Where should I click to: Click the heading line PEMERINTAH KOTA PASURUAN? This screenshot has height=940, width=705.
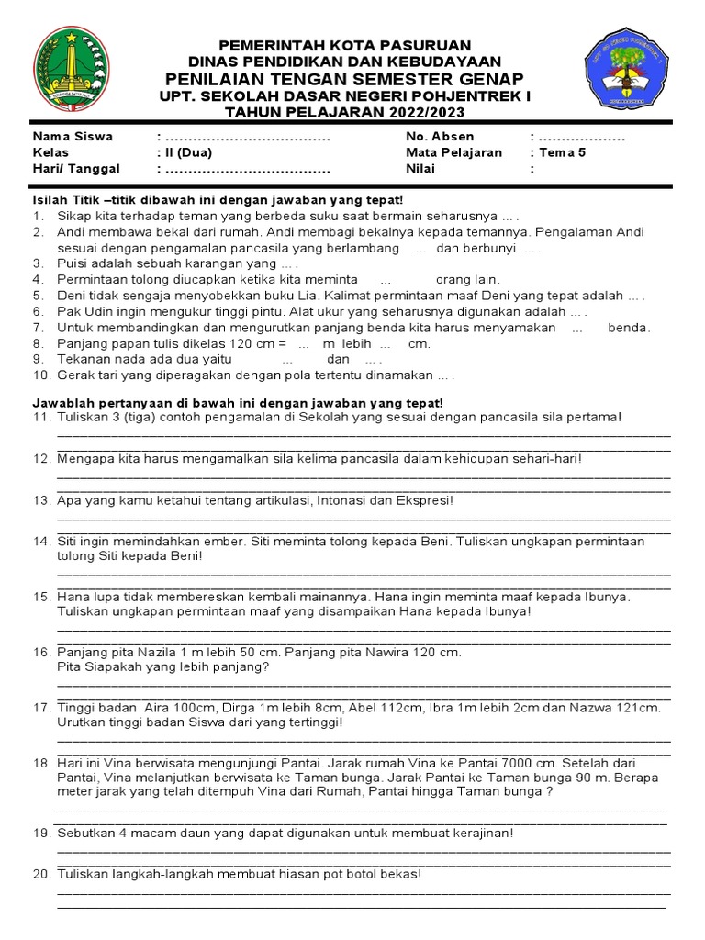coord(344,45)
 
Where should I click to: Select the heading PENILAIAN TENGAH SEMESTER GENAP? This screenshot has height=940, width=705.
coord(344,78)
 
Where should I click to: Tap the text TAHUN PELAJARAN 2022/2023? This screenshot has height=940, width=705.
coord(344,112)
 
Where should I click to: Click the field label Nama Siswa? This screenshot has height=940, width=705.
coord(73,137)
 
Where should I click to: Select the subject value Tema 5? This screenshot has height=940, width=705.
coord(564,152)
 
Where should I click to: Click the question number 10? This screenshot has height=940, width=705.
coord(40,375)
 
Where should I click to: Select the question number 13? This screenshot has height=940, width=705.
coord(40,500)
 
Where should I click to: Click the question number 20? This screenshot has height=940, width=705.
coord(40,874)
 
